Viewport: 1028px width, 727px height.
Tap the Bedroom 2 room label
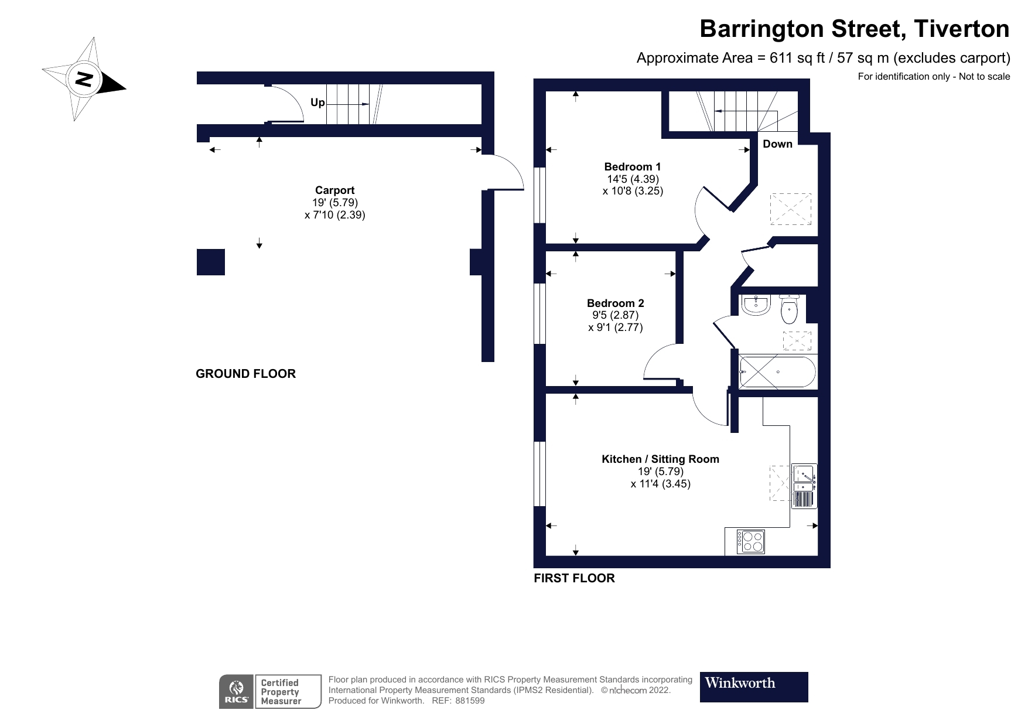[x=615, y=303]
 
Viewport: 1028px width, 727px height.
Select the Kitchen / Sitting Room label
[x=660, y=459]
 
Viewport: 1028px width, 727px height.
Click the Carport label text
[x=334, y=190]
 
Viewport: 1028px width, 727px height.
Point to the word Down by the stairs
[x=777, y=144]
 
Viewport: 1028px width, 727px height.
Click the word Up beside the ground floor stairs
[x=317, y=103]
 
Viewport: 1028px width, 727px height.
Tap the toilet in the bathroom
[x=789, y=311]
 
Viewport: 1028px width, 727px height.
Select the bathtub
[x=777, y=372]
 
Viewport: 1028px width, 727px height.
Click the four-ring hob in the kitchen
[x=750, y=541]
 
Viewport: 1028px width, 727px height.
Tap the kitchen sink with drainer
[x=804, y=486]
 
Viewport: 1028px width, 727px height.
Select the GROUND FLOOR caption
[x=245, y=374]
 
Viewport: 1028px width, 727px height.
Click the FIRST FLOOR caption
[x=574, y=578]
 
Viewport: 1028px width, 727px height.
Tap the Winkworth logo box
[x=753, y=687]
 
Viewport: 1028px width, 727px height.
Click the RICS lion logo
[x=236, y=691]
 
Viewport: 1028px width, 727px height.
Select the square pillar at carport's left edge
[x=210, y=262]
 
